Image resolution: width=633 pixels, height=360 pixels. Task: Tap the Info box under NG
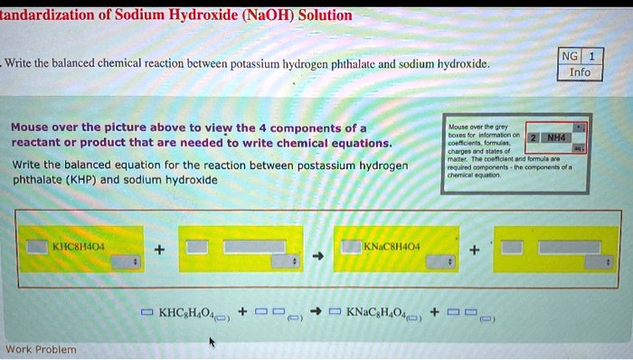pyautogui.click(x=580, y=71)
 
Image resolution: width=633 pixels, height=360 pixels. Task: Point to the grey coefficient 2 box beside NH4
pyautogui.click(x=534, y=137)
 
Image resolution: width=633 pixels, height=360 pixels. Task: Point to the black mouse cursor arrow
pyautogui.click(x=212, y=342)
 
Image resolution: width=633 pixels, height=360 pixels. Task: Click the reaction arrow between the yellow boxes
pyautogui.click(x=317, y=256)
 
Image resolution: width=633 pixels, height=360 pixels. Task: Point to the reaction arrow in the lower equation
pyautogui.click(x=316, y=313)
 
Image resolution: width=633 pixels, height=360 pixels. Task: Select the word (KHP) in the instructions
pyautogui.click(x=95, y=180)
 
